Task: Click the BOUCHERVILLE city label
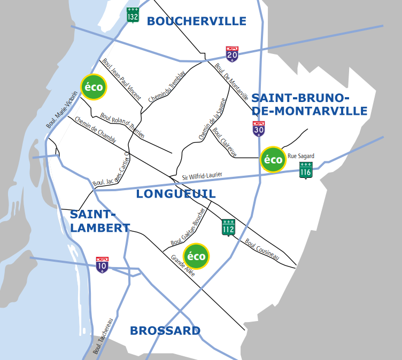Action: (196, 21)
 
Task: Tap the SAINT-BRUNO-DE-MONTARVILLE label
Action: (309, 105)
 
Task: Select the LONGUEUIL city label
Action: (175, 194)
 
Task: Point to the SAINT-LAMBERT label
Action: (99, 221)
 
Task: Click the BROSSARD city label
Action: (165, 331)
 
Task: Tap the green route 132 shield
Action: (133, 15)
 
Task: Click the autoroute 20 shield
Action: (232, 54)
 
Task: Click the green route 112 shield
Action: (228, 227)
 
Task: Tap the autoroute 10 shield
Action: (102, 265)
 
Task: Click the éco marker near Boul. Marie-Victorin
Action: (94, 87)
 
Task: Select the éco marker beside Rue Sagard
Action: (273, 159)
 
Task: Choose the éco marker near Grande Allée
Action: (196, 256)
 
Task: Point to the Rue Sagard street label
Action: (301, 156)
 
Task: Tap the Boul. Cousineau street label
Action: (262, 249)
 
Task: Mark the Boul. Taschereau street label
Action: (104, 336)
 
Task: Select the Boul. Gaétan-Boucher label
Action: (188, 226)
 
